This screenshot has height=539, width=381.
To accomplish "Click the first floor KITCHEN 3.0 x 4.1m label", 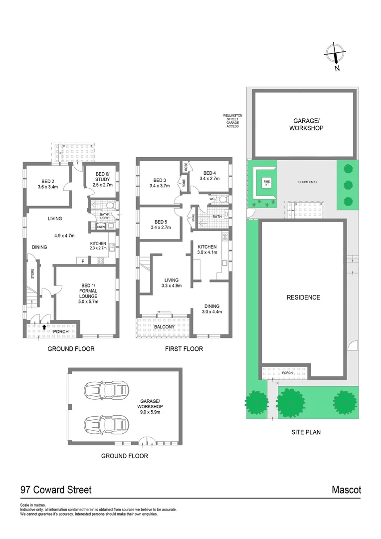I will [207, 250].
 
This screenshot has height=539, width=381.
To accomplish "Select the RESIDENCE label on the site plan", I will [303, 297].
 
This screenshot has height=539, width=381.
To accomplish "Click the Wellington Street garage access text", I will [232, 121].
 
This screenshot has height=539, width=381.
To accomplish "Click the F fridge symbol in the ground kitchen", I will [82, 261].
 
